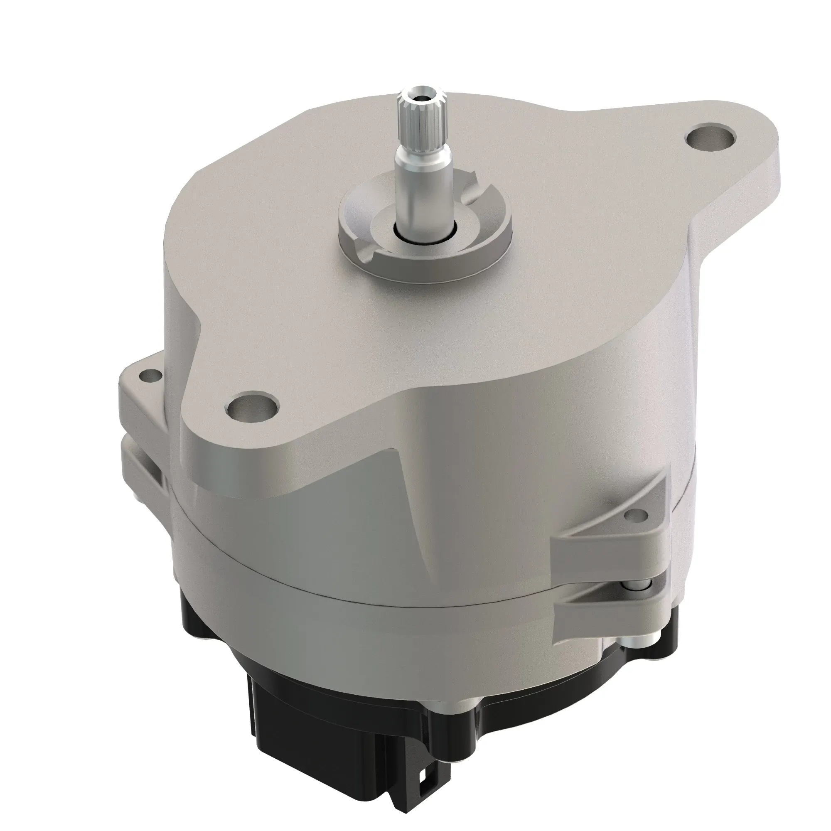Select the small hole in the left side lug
coord(151,376)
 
